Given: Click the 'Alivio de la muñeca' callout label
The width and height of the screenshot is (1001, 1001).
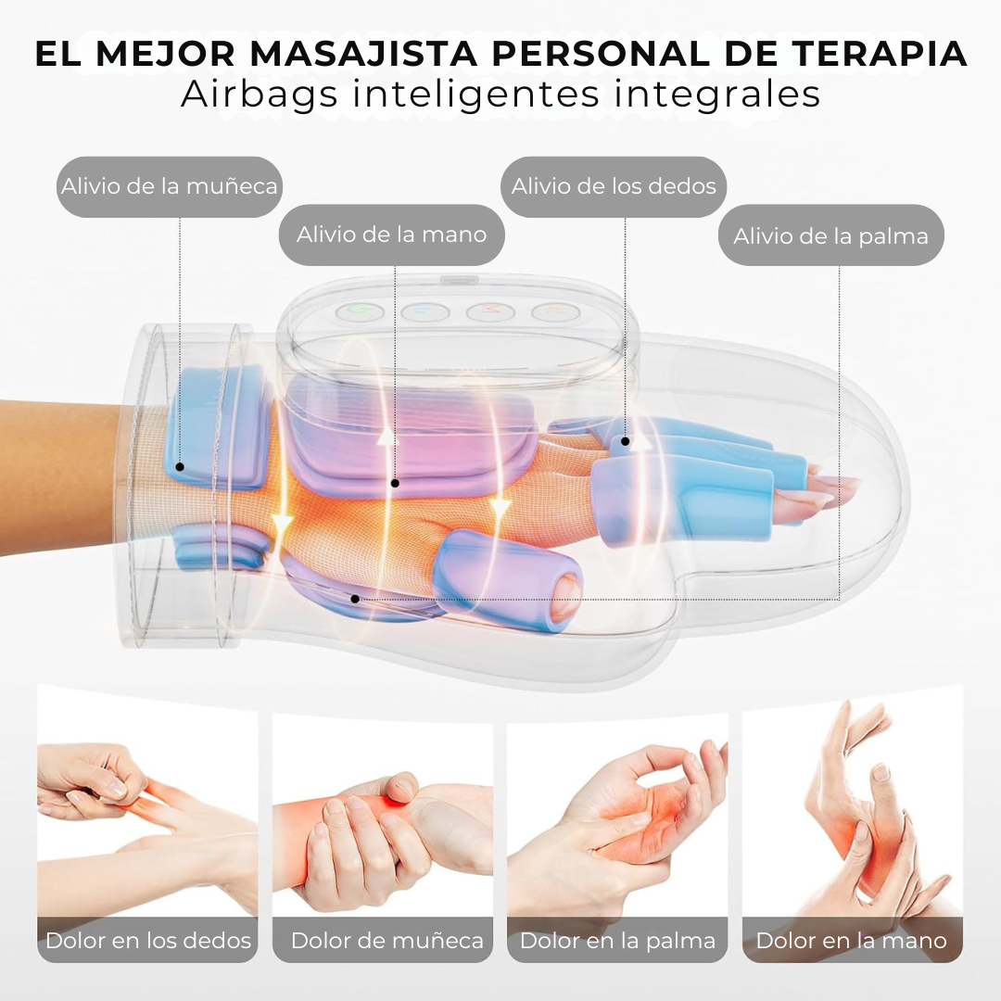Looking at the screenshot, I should pos(169,186).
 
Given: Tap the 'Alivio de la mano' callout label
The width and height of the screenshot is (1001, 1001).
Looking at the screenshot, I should pos(391,234).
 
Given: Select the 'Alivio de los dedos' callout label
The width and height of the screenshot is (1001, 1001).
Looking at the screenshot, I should pos(614,186).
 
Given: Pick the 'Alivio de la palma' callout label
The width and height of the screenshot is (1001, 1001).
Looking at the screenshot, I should pos(830,235).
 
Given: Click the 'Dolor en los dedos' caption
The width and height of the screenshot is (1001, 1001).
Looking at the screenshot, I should pos(148,941).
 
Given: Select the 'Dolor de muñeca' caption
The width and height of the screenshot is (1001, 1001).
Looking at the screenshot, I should pos(386,941).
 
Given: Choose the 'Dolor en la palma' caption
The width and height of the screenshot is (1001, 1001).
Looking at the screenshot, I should pos(617,941).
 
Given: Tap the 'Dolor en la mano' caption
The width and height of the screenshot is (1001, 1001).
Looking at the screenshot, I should pos(851,941).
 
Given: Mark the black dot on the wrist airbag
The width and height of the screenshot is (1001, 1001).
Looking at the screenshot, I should pos(180,468).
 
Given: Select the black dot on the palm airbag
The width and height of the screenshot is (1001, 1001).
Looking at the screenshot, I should pos(355,599).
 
